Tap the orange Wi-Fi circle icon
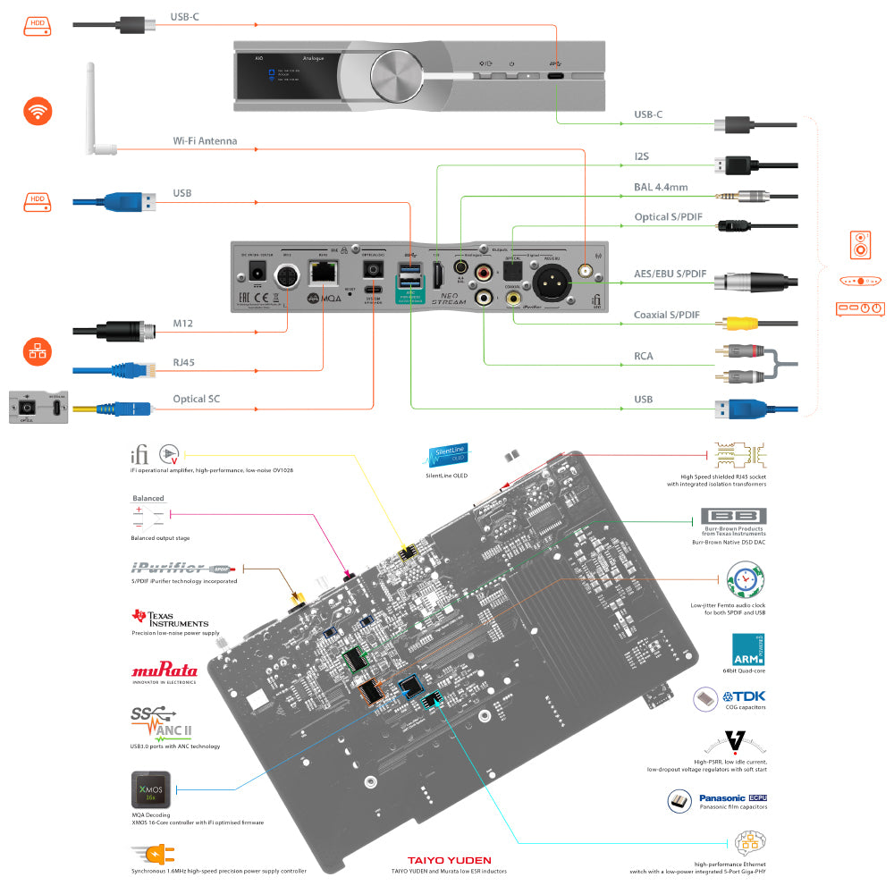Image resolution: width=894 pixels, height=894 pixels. pyautogui.click(x=37, y=112)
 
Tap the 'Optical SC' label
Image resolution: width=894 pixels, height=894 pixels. pyautogui.click(x=196, y=399)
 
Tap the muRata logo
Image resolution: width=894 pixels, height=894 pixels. pyautogui.click(x=164, y=670)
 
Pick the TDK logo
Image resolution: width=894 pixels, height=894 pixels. pyautogui.click(x=744, y=696)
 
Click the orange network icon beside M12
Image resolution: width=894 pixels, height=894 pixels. pyautogui.click(x=37, y=351)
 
